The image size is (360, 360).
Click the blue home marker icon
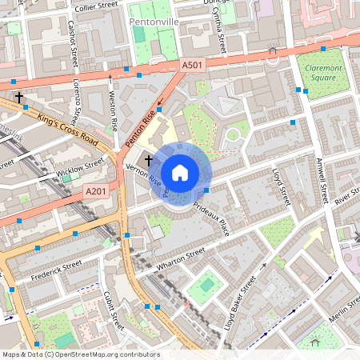180,173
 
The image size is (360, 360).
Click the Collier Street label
95,7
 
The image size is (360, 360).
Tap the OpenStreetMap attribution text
80,354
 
